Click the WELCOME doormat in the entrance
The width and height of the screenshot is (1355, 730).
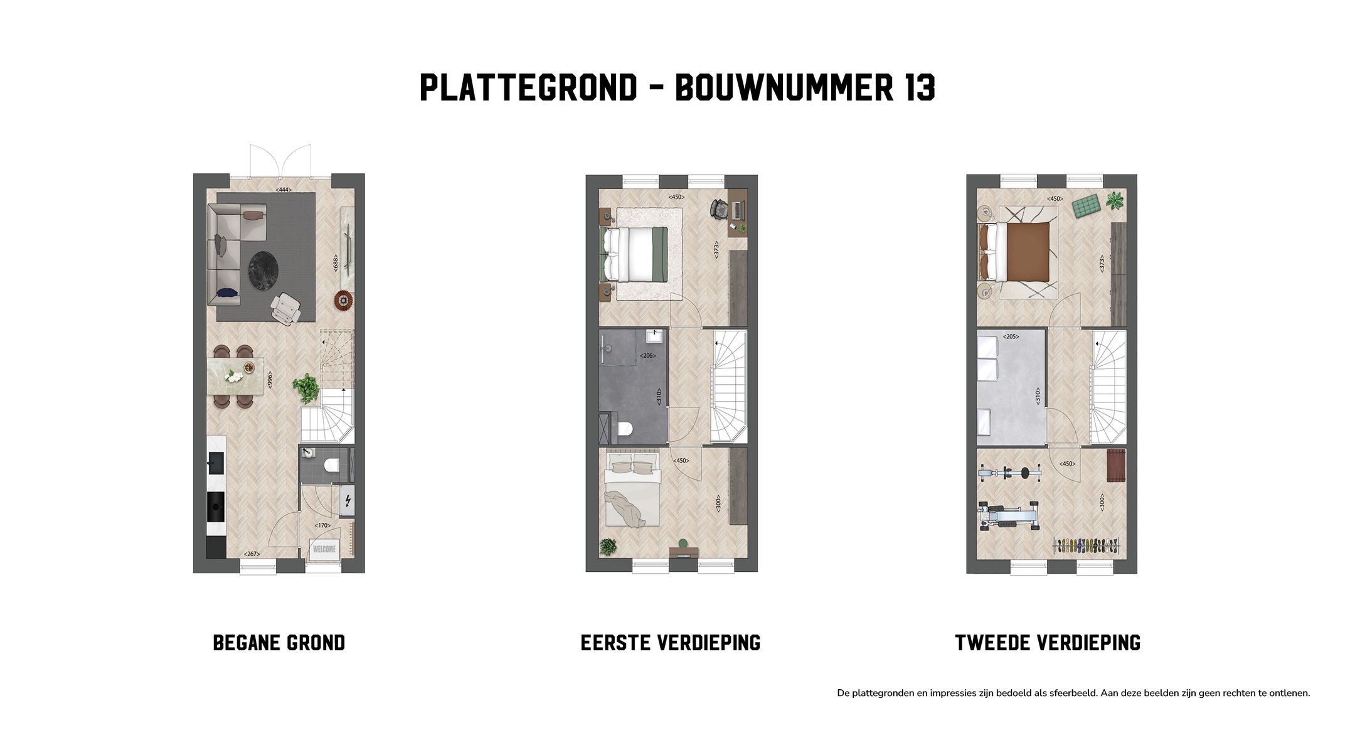(324, 549)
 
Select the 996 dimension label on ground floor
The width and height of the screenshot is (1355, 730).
(270, 380)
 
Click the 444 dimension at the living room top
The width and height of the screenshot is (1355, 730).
(284, 190)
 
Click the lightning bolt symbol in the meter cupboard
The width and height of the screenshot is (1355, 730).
(348, 500)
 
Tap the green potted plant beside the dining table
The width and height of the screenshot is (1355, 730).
(306, 387)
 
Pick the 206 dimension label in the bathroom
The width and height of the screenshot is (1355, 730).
(647, 356)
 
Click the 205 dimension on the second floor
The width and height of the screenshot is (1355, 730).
(1011, 337)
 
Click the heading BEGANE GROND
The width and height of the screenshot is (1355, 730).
(279, 643)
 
